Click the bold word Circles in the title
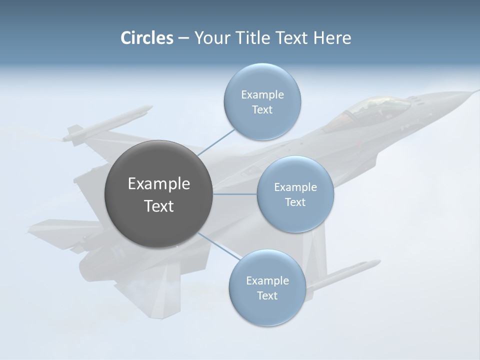[x=146, y=38]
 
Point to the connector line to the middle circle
[x=235, y=194]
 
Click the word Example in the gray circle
[x=158, y=184]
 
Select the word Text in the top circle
[x=262, y=110]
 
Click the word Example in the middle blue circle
[x=295, y=187]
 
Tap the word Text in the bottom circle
[x=267, y=295]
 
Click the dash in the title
[x=183, y=38]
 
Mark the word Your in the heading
[x=208, y=38]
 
